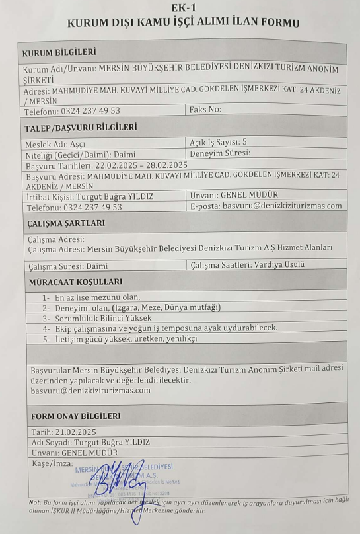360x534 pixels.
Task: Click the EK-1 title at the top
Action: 180,8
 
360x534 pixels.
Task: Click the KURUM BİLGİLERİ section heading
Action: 59,52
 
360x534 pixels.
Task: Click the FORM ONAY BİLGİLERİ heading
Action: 76,416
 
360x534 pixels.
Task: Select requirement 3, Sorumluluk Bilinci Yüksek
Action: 96,318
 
